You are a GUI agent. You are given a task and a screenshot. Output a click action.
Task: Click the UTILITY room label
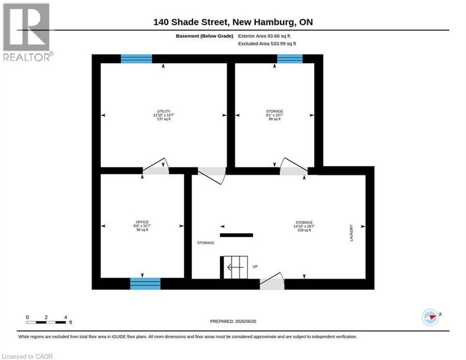(x=164, y=111)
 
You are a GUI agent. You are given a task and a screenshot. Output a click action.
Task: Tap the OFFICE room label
(x=142, y=222)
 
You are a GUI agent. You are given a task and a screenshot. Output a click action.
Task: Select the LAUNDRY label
(x=351, y=233)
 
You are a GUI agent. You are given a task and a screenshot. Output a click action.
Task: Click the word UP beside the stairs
(x=255, y=267)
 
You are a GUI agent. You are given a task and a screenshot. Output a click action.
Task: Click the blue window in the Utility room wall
(x=136, y=59)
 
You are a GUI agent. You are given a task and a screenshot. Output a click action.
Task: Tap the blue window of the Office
(x=145, y=284)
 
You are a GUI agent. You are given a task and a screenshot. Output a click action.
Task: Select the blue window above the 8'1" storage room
(x=290, y=59)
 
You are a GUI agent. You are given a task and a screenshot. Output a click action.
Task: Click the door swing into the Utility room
(x=156, y=166)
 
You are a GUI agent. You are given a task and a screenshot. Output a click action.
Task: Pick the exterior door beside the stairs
(x=272, y=281)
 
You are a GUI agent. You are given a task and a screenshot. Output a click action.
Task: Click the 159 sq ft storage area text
(x=304, y=230)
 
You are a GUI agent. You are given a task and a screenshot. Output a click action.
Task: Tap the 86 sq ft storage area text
(x=274, y=119)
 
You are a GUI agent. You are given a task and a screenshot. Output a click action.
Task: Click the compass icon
(x=430, y=317)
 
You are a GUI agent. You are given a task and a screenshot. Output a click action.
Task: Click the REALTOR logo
(x=27, y=32)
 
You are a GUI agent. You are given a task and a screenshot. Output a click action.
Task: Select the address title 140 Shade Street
(x=191, y=22)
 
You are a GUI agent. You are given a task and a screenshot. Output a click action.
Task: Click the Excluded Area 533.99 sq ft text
(x=267, y=44)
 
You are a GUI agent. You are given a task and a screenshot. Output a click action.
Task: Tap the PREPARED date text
(x=233, y=321)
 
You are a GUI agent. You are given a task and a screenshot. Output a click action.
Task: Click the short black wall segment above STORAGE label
(x=236, y=235)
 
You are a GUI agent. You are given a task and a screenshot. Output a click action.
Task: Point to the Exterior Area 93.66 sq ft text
(x=264, y=36)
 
